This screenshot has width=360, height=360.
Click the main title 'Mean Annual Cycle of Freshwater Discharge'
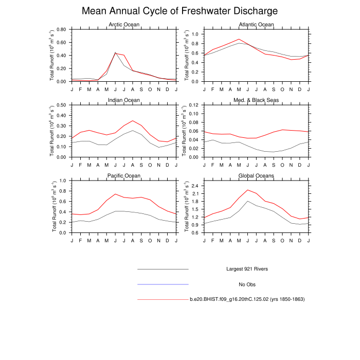tap(180, 11)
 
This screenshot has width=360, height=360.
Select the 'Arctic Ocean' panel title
tap(124, 25)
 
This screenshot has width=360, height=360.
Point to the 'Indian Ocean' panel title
tap(124, 100)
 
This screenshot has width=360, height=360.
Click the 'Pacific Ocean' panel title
tap(124, 175)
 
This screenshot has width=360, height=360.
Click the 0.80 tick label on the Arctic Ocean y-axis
tap(61, 29)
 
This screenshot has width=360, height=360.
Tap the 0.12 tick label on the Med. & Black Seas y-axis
tap(193, 105)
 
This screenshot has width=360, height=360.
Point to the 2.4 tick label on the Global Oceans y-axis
tap(194, 186)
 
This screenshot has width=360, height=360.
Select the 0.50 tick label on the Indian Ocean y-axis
tap(61, 105)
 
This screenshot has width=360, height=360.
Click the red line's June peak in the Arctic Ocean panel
tap(116, 53)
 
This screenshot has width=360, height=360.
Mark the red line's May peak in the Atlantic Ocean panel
tap(239, 39)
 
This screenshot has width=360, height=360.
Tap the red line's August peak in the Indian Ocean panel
tap(133, 121)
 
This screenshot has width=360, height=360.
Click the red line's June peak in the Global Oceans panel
tap(247, 190)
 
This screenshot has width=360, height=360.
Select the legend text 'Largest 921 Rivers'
tap(247, 269)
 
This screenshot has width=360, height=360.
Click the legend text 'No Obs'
tap(247, 284)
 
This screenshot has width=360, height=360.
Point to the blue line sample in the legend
tap(163, 284)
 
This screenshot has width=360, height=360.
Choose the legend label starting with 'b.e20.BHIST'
tap(247, 299)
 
